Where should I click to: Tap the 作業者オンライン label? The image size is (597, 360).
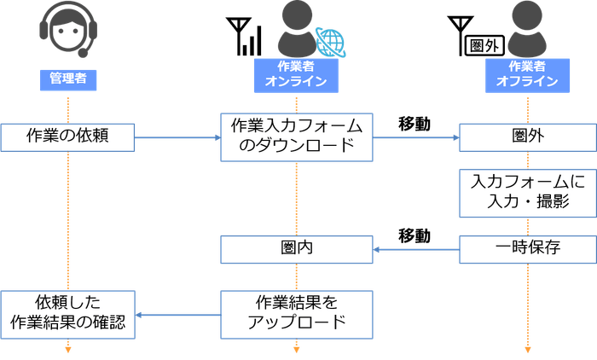(295, 73)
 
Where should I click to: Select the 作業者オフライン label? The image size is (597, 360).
(527, 73)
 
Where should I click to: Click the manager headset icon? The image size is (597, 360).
(66, 32)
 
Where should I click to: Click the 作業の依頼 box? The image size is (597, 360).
(68, 135)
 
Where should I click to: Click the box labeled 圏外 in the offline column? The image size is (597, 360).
(528, 135)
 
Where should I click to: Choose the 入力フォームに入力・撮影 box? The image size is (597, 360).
(528, 193)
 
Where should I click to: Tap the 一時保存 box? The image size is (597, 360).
(528, 249)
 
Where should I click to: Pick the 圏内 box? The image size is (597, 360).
(295, 249)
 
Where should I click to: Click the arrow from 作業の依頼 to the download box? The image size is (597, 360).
(177, 135)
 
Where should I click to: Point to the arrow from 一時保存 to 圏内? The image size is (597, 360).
(416, 250)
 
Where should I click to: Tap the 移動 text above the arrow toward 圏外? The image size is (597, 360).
(415, 122)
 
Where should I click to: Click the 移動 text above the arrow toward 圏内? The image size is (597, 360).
(415, 235)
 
